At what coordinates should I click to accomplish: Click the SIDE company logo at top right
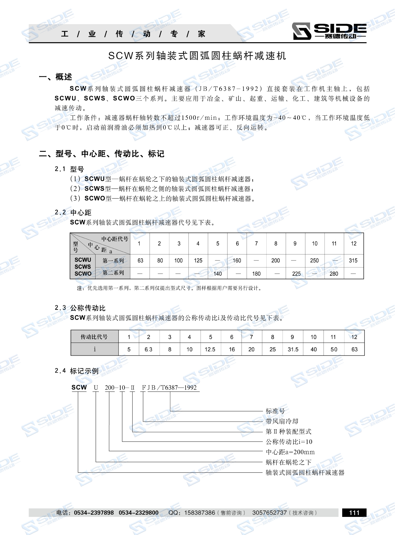[x=329, y=31]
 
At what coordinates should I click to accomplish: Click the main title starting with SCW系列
[x=197, y=56]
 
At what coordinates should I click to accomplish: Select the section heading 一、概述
[x=56, y=77]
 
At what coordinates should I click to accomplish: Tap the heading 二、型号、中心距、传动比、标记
[x=102, y=154]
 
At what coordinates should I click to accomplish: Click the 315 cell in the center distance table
[x=353, y=261]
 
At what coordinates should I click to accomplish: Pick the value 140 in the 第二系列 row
[x=218, y=274]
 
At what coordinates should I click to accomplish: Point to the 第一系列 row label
[x=113, y=261]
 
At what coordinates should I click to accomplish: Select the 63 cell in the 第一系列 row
[x=140, y=261]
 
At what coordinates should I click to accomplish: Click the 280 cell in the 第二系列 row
[x=334, y=274]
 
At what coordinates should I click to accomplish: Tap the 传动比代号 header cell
[x=94, y=337]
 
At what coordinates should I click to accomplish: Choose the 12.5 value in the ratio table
[x=210, y=349]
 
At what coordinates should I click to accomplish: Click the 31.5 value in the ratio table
[x=293, y=349]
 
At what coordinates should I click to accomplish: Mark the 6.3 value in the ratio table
[x=148, y=349]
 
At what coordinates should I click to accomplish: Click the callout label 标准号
[x=276, y=411]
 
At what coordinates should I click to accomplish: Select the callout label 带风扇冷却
[x=282, y=421]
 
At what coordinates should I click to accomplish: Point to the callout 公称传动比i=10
[x=289, y=442]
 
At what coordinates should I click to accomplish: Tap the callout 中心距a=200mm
[x=290, y=452]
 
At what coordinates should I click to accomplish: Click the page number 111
[x=354, y=512]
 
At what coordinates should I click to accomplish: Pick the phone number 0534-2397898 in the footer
[x=94, y=513]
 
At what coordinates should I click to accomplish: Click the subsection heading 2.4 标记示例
[x=77, y=371]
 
